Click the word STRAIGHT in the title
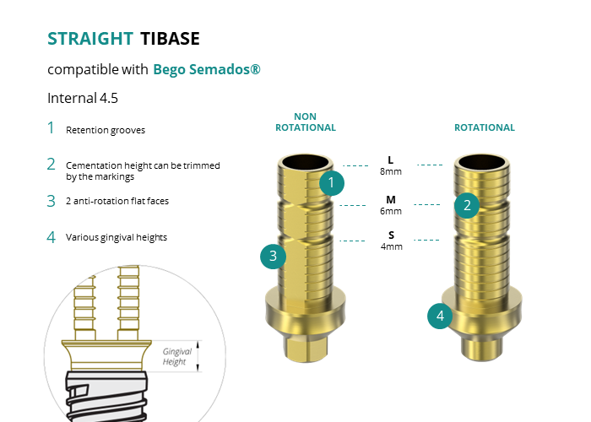tap(90, 39)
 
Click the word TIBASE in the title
tap(170, 39)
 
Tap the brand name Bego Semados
tap(207, 70)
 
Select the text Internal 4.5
tap(83, 99)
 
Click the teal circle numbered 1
tap(332, 183)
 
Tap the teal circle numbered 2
tap(467, 205)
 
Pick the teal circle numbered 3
tap(274, 257)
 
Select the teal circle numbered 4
tap(440, 316)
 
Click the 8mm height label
tap(391, 171)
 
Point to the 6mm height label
tap(391, 211)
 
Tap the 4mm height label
tap(392, 246)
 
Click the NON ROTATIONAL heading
tap(306, 122)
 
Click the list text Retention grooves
tap(106, 130)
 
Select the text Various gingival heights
tap(117, 237)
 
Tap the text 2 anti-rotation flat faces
tap(117, 201)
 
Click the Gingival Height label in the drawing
tap(176, 356)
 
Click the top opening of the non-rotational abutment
tap(306, 162)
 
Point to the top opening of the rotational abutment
tap(482, 162)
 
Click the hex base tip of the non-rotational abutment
tap(306, 349)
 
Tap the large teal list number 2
tap(51, 165)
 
